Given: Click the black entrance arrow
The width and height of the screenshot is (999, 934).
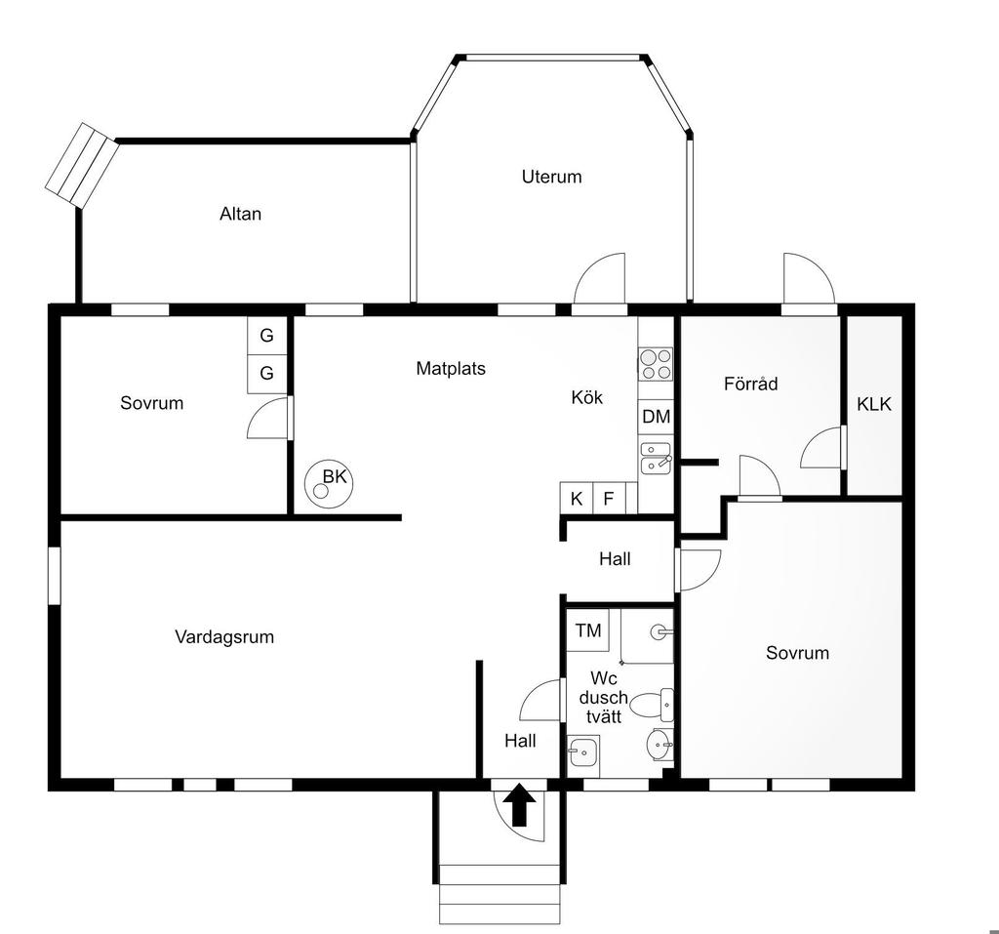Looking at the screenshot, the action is (x=521, y=804).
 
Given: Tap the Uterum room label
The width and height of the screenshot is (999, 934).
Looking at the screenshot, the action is (x=552, y=177).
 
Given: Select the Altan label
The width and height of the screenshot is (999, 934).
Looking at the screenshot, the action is (x=240, y=214).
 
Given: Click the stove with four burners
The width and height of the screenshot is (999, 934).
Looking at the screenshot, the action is (x=656, y=364).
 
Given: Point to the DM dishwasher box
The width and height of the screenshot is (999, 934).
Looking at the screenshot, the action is (x=656, y=417).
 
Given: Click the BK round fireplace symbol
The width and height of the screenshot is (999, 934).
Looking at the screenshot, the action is (x=328, y=484).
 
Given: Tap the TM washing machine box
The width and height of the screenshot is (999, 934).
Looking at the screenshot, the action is (x=587, y=629).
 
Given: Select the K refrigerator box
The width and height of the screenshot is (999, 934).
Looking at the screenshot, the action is (x=577, y=498).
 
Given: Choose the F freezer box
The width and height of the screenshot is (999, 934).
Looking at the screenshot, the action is (x=609, y=498).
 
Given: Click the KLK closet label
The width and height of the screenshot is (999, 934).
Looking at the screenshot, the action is (x=874, y=404).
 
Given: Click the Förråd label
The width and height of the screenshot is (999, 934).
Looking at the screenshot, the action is (x=750, y=384).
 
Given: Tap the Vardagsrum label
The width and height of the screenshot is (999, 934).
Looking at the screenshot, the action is (x=224, y=637).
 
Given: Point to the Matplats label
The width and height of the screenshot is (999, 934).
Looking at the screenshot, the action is (x=451, y=368).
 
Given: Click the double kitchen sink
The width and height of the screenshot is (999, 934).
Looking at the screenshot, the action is (x=656, y=458).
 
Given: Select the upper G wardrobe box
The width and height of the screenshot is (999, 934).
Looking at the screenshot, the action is (x=266, y=335).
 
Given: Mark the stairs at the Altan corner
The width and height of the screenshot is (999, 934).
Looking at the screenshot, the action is (x=82, y=164).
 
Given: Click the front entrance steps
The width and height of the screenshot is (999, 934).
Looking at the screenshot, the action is (x=500, y=894).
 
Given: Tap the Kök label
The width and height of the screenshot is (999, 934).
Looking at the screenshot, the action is (x=586, y=397).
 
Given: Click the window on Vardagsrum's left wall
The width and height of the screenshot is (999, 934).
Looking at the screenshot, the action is (x=55, y=575).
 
